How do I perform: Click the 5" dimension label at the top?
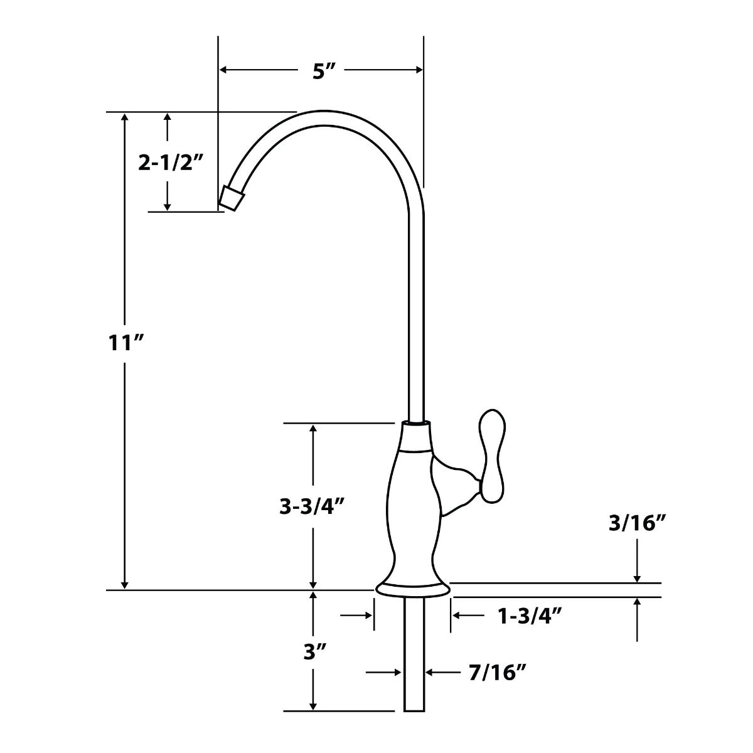click(x=321, y=71)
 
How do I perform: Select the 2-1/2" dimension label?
click(x=171, y=163)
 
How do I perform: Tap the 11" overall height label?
click(x=125, y=343)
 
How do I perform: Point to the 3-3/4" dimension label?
click(x=313, y=506)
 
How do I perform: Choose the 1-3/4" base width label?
click(x=528, y=616)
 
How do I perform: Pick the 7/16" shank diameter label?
click(x=496, y=673)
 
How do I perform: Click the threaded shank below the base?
click(x=414, y=653)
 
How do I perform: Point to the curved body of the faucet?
click(x=411, y=508)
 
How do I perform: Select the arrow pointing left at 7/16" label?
click(x=433, y=673)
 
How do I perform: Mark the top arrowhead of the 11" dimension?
click(x=125, y=118)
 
